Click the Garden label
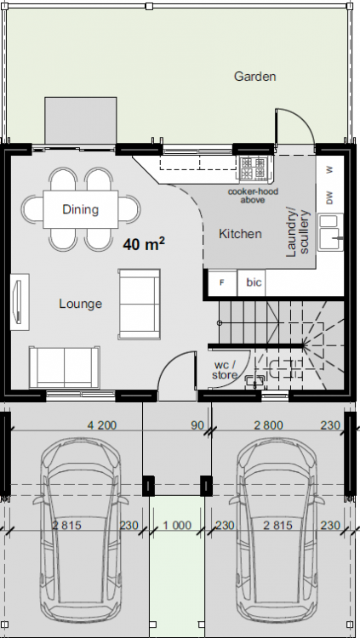tap(255, 77)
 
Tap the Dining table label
tap(81, 209)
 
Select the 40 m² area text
tap(144, 244)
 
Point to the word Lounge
tap(81, 304)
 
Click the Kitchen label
tap(240, 234)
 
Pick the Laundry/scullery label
tap(298, 234)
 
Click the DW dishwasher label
tap(329, 197)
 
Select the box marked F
tap(222, 282)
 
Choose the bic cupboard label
tap(254, 282)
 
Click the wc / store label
tap(225, 370)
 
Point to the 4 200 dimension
tap(102, 425)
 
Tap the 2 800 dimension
tap(268, 425)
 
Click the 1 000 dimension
tap(177, 526)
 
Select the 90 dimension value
tap(197, 425)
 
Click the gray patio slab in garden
tap(81, 120)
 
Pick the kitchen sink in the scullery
tap(331, 232)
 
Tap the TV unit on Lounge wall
tap(20, 302)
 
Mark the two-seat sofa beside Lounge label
tap(140, 304)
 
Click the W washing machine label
tap(329, 169)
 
